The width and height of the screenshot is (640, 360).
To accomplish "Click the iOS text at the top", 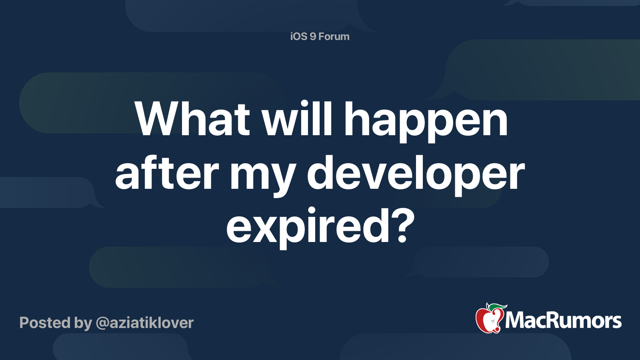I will tap(298, 36).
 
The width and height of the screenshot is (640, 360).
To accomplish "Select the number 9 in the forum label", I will tap(313, 36).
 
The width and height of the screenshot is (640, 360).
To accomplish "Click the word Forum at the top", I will tap(334, 36).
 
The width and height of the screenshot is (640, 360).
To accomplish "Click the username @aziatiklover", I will tap(144, 323).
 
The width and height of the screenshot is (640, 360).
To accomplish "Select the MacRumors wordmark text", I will tap(563, 320).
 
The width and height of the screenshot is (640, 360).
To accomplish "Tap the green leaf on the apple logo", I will tap(496, 307).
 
